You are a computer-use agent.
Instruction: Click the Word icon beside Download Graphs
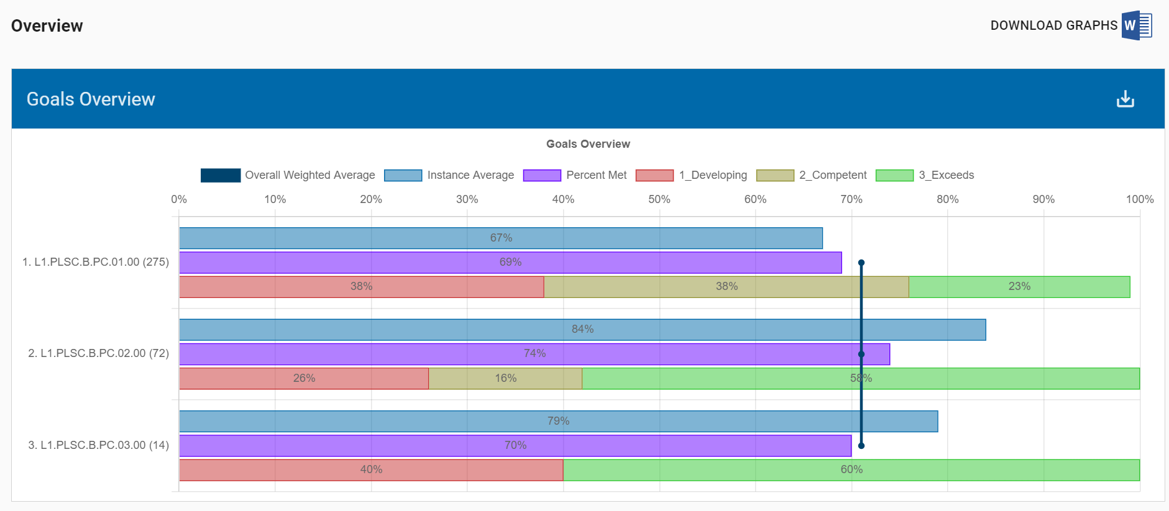(x=1136, y=25)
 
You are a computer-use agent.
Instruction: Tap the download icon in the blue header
(x=1125, y=99)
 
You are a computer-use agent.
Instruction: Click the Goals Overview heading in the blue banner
(x=91, y=99)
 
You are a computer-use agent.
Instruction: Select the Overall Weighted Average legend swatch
(x=221, y=175)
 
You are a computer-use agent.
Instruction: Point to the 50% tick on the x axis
(x=659, y=199)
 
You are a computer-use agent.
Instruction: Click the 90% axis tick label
(x=1043, y=199)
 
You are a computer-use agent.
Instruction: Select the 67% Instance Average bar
(x=501, y=238)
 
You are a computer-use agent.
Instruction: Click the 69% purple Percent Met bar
(x=510, y=262)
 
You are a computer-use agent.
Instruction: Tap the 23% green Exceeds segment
(x=1019, y=286)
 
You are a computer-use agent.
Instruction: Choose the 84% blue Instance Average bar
(x=582, y=329)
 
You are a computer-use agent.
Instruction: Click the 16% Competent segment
(x=505, y=378)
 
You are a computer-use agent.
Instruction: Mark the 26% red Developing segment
(x=304, y=378)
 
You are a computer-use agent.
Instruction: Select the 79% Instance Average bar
(x=558, y=421)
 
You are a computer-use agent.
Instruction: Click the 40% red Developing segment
(x=371, y=469)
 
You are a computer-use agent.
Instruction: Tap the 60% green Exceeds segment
(x=851, y=469)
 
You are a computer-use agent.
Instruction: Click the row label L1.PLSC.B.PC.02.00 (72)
(x=98, y=353)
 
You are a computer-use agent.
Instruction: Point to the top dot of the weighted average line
(x=861, y=263)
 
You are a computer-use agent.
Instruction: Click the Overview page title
(x=47, y=26)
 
